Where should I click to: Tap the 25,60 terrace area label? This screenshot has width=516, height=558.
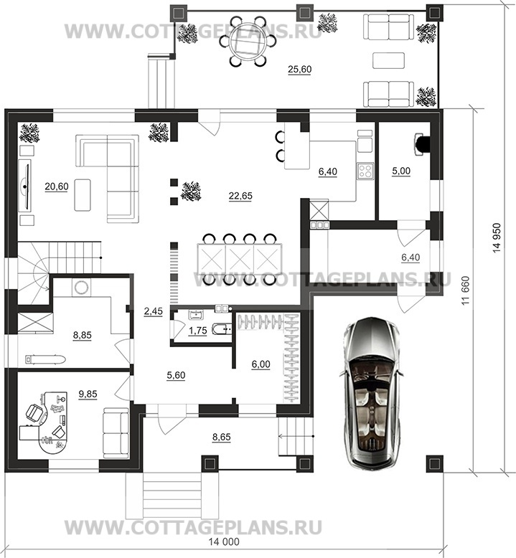click(x=299, y=69)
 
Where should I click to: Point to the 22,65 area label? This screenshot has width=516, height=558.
click(x=240, y=196)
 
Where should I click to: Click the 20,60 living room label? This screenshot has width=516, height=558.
click(x=57, y=186)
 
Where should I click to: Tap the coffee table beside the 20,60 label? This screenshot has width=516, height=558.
click(x=83, y=195)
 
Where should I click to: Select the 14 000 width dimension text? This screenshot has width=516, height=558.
click(x=224, y=542)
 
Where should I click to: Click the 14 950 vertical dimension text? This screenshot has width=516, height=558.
click(x=497, y=238)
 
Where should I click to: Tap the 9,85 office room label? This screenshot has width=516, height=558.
click(x=88, y=394)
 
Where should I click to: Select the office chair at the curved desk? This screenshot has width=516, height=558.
click(x=34, y=412)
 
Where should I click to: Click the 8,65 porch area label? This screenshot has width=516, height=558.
click(x=222, y=437)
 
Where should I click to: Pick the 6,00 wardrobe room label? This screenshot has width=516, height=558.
click(x=261, y=364)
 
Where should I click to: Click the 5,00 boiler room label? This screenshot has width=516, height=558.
click(x=401, y=171)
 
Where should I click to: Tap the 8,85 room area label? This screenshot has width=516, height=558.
click(x=83, y=335)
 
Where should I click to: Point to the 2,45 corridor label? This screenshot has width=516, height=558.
click(x=153, y=311)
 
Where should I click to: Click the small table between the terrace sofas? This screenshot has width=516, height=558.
click(x=388, y=60)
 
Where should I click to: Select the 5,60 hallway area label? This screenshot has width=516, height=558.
click(x=176, y=375)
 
